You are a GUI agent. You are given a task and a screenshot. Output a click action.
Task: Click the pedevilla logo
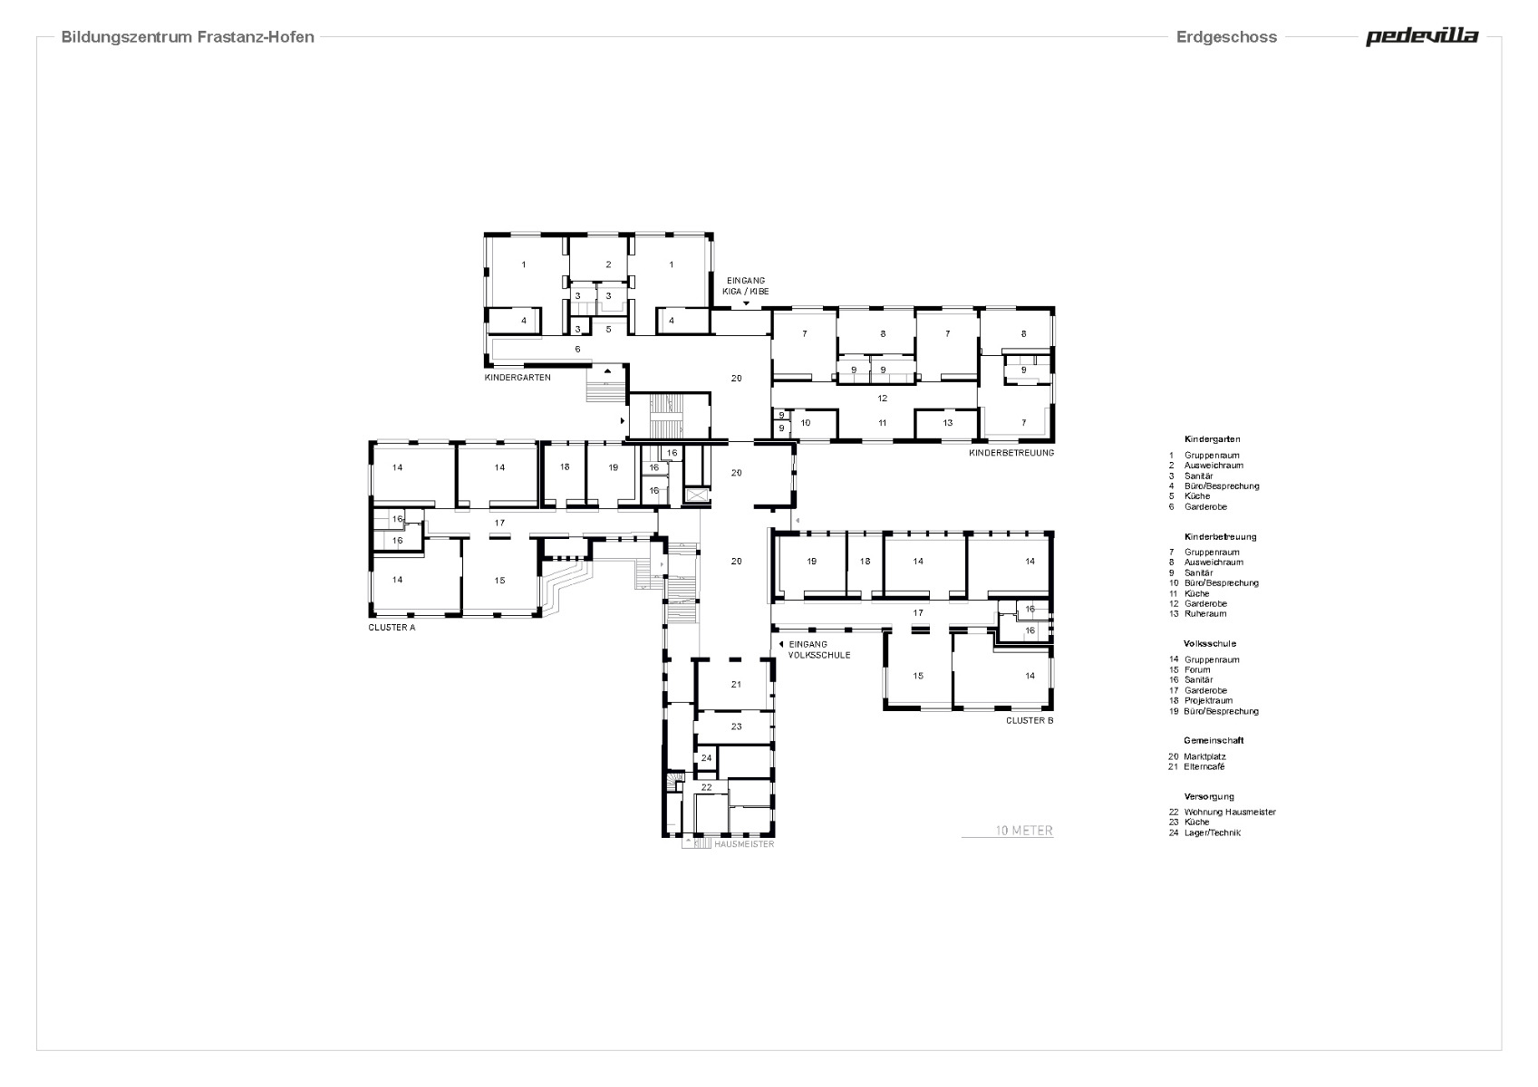1421,37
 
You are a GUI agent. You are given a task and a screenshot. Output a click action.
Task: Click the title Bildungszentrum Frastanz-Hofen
188,37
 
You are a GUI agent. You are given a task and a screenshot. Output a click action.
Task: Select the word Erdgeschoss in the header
1226,37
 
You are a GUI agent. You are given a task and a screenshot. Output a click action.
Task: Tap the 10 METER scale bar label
1024,831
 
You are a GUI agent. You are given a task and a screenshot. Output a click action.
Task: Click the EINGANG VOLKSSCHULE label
818,649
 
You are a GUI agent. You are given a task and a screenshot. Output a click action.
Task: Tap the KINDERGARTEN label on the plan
518,377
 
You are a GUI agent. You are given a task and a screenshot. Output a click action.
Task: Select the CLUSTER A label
392,627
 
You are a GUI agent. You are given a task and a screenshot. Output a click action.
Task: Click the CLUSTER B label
1030,721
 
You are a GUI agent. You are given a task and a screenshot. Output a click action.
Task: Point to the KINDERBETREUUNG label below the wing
1011,452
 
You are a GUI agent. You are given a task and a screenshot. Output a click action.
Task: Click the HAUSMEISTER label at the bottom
744,843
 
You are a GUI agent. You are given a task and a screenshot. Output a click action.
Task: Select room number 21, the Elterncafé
736,685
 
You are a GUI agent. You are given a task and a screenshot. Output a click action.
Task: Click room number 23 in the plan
736,726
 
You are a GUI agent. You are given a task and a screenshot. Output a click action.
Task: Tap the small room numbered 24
706,757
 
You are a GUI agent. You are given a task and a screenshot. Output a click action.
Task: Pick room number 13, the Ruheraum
947,423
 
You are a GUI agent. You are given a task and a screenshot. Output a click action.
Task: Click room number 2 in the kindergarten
608,265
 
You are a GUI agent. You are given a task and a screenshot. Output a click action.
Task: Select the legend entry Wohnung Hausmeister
1229,812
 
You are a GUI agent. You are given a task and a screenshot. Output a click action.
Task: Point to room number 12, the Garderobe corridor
882,398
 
